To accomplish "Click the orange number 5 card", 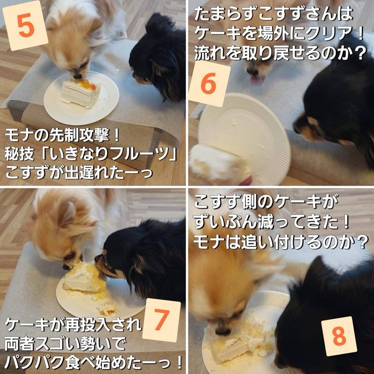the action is click(25, 26).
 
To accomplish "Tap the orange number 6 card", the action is click(209, 84).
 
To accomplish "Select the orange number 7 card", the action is click(161, 320).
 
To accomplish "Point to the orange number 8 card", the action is click(339, 336).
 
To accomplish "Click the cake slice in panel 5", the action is click(80, 93).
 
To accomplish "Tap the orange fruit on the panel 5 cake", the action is click(87, 85).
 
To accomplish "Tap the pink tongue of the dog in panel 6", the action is click(257, 79).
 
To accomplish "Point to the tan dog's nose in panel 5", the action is click(77, 76).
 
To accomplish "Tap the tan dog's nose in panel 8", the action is click(223, 331).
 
